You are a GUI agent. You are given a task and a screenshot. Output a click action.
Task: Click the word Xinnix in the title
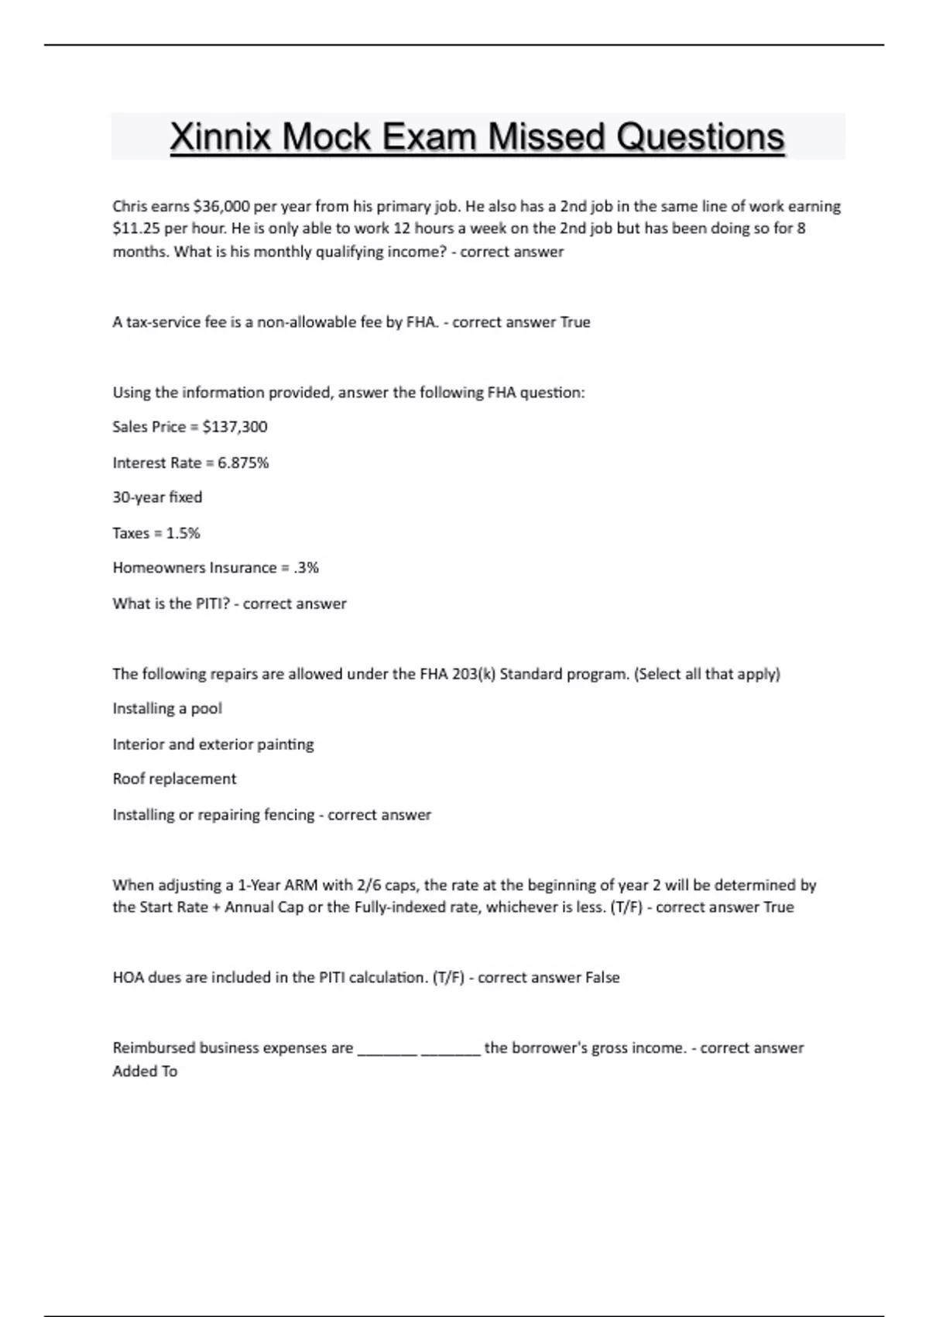(220, 137)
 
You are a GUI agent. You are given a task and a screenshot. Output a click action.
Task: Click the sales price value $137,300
(235, 427)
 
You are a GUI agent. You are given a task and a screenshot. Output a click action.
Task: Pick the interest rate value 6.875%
(243, 462)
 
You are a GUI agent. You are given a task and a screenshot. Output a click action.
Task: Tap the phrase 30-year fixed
(157, 497)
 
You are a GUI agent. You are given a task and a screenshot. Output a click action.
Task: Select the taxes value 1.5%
(183, 533)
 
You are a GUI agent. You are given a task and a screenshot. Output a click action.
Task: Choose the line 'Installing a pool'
(167, 709)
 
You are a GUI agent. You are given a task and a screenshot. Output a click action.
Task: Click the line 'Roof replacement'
(174, 779)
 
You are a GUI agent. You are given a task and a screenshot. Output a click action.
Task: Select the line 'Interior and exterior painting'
(213, 744)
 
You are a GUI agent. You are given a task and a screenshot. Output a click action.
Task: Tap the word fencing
(289, 815)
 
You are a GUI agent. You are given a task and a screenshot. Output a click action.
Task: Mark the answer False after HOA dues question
(602, 978)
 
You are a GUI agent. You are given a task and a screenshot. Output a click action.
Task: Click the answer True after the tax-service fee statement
(574, 322)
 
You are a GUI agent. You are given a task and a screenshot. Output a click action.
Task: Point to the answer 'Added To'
(145, 1071)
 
